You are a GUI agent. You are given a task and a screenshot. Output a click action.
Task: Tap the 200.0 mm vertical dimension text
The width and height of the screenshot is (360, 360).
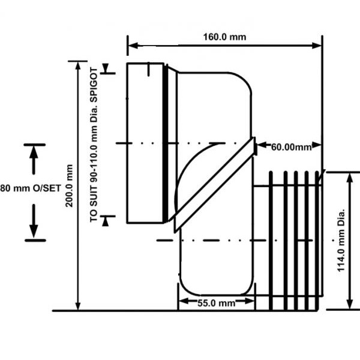(70, 186)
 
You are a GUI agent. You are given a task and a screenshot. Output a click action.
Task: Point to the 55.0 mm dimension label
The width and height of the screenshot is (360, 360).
(216, 302)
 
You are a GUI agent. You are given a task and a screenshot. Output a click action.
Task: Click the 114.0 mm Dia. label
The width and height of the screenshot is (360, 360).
(341, 240)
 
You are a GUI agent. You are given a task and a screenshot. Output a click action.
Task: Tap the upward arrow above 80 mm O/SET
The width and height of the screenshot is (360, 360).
(34, 157)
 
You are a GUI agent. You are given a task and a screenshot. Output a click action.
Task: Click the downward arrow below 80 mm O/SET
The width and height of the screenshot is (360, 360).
(34, 225)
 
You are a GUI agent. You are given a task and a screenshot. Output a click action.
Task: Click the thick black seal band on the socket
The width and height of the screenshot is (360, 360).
(166, 144)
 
